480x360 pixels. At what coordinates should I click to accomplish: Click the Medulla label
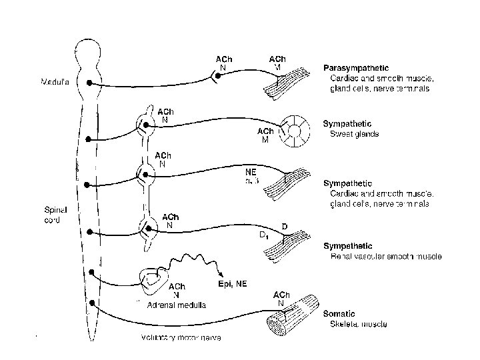(54, 83)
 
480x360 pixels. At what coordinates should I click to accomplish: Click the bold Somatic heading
(339, 313)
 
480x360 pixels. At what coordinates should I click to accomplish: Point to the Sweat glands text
(355, 134)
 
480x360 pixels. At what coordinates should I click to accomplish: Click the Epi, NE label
(233, 283)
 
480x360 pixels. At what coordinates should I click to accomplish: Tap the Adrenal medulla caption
(177, 305)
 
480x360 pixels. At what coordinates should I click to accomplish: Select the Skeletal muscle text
(359, 325)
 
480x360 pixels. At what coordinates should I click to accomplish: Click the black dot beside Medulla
(89, 84)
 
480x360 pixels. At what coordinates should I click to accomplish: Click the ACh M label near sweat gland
(265, 135)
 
